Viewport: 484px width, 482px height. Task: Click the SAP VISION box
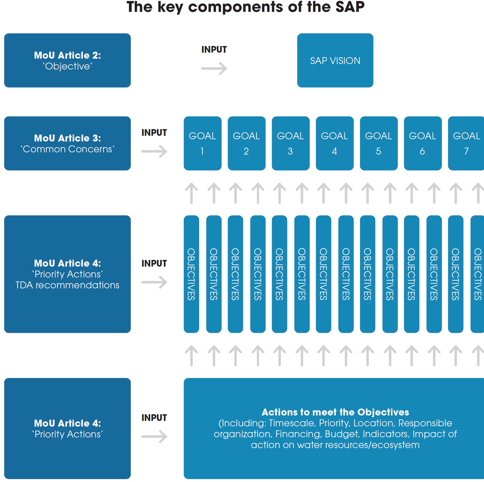[335, 61]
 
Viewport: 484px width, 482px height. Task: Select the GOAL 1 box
[202, 143]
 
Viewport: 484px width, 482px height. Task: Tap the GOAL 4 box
[334, 143]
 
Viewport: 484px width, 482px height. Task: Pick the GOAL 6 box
[422, 143]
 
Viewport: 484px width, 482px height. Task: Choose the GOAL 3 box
[290, 143]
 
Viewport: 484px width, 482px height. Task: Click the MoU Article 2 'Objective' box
[67, 61]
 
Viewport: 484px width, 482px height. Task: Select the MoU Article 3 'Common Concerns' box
[67, 143]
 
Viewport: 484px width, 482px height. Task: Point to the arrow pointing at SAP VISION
[214, 69]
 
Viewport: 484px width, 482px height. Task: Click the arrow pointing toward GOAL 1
[154, 151]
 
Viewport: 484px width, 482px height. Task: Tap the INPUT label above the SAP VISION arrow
[214, 49]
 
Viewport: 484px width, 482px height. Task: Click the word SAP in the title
[350, 7]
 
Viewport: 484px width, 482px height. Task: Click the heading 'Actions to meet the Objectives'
[335, 412]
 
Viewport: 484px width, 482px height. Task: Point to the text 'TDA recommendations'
[67, 285]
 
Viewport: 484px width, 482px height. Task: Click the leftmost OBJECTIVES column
[191, 274]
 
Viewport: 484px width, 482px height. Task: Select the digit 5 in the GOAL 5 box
[378, 151]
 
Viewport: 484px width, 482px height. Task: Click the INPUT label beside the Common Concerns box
[154, 133]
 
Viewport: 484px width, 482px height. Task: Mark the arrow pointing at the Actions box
[154, 436]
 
